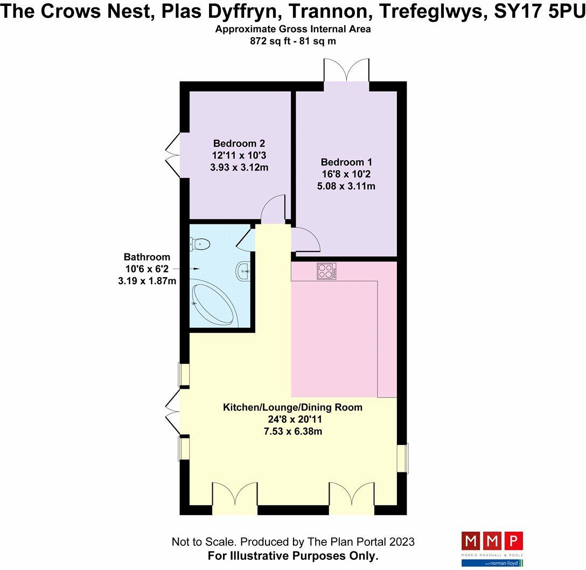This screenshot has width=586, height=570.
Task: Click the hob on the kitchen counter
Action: (326, 271)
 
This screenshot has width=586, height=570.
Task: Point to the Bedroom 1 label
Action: (346, 162)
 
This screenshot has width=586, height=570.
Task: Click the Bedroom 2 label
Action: (239, 143)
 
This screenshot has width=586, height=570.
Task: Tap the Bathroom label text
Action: (146, 257)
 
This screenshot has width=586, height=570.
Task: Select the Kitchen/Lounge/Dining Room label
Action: (292, 407)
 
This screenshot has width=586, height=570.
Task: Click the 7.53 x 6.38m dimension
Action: (292, 431)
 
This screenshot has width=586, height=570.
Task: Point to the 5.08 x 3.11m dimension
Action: (346, 187)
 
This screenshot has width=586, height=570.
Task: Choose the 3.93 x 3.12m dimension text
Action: (239, 167)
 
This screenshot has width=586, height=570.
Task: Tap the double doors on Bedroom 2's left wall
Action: (172, 154)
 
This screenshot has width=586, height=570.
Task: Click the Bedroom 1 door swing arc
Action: (302, 237)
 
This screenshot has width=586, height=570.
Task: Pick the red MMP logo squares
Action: (492, 540)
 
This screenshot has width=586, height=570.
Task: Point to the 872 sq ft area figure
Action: (268, 41)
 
